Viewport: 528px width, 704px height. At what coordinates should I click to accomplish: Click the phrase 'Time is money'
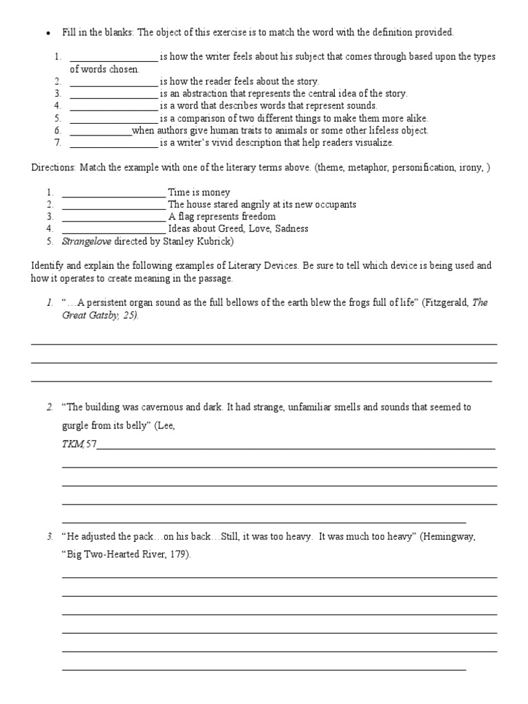coord(199,192)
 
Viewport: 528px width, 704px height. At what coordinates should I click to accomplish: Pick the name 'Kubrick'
coord(215,241)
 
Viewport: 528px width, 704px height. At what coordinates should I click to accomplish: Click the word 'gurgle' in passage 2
coord(77,426)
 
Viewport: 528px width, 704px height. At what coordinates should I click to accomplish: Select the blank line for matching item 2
coord(113,205)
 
